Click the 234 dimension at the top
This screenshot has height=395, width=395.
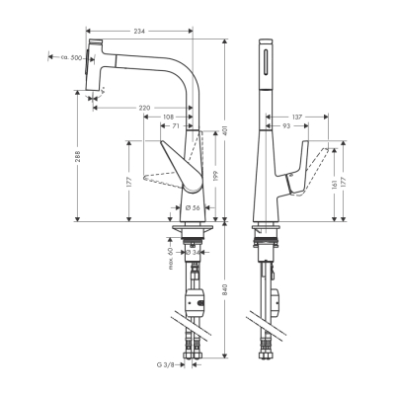click(x=139, y=34)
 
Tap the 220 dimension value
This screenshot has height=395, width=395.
click(x=146, y=108)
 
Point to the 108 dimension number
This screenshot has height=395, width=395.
click(x=170, y=118)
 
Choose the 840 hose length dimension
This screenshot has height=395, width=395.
click(x=225, y=290)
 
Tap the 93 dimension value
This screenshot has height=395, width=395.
click(x=284, y=128)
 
